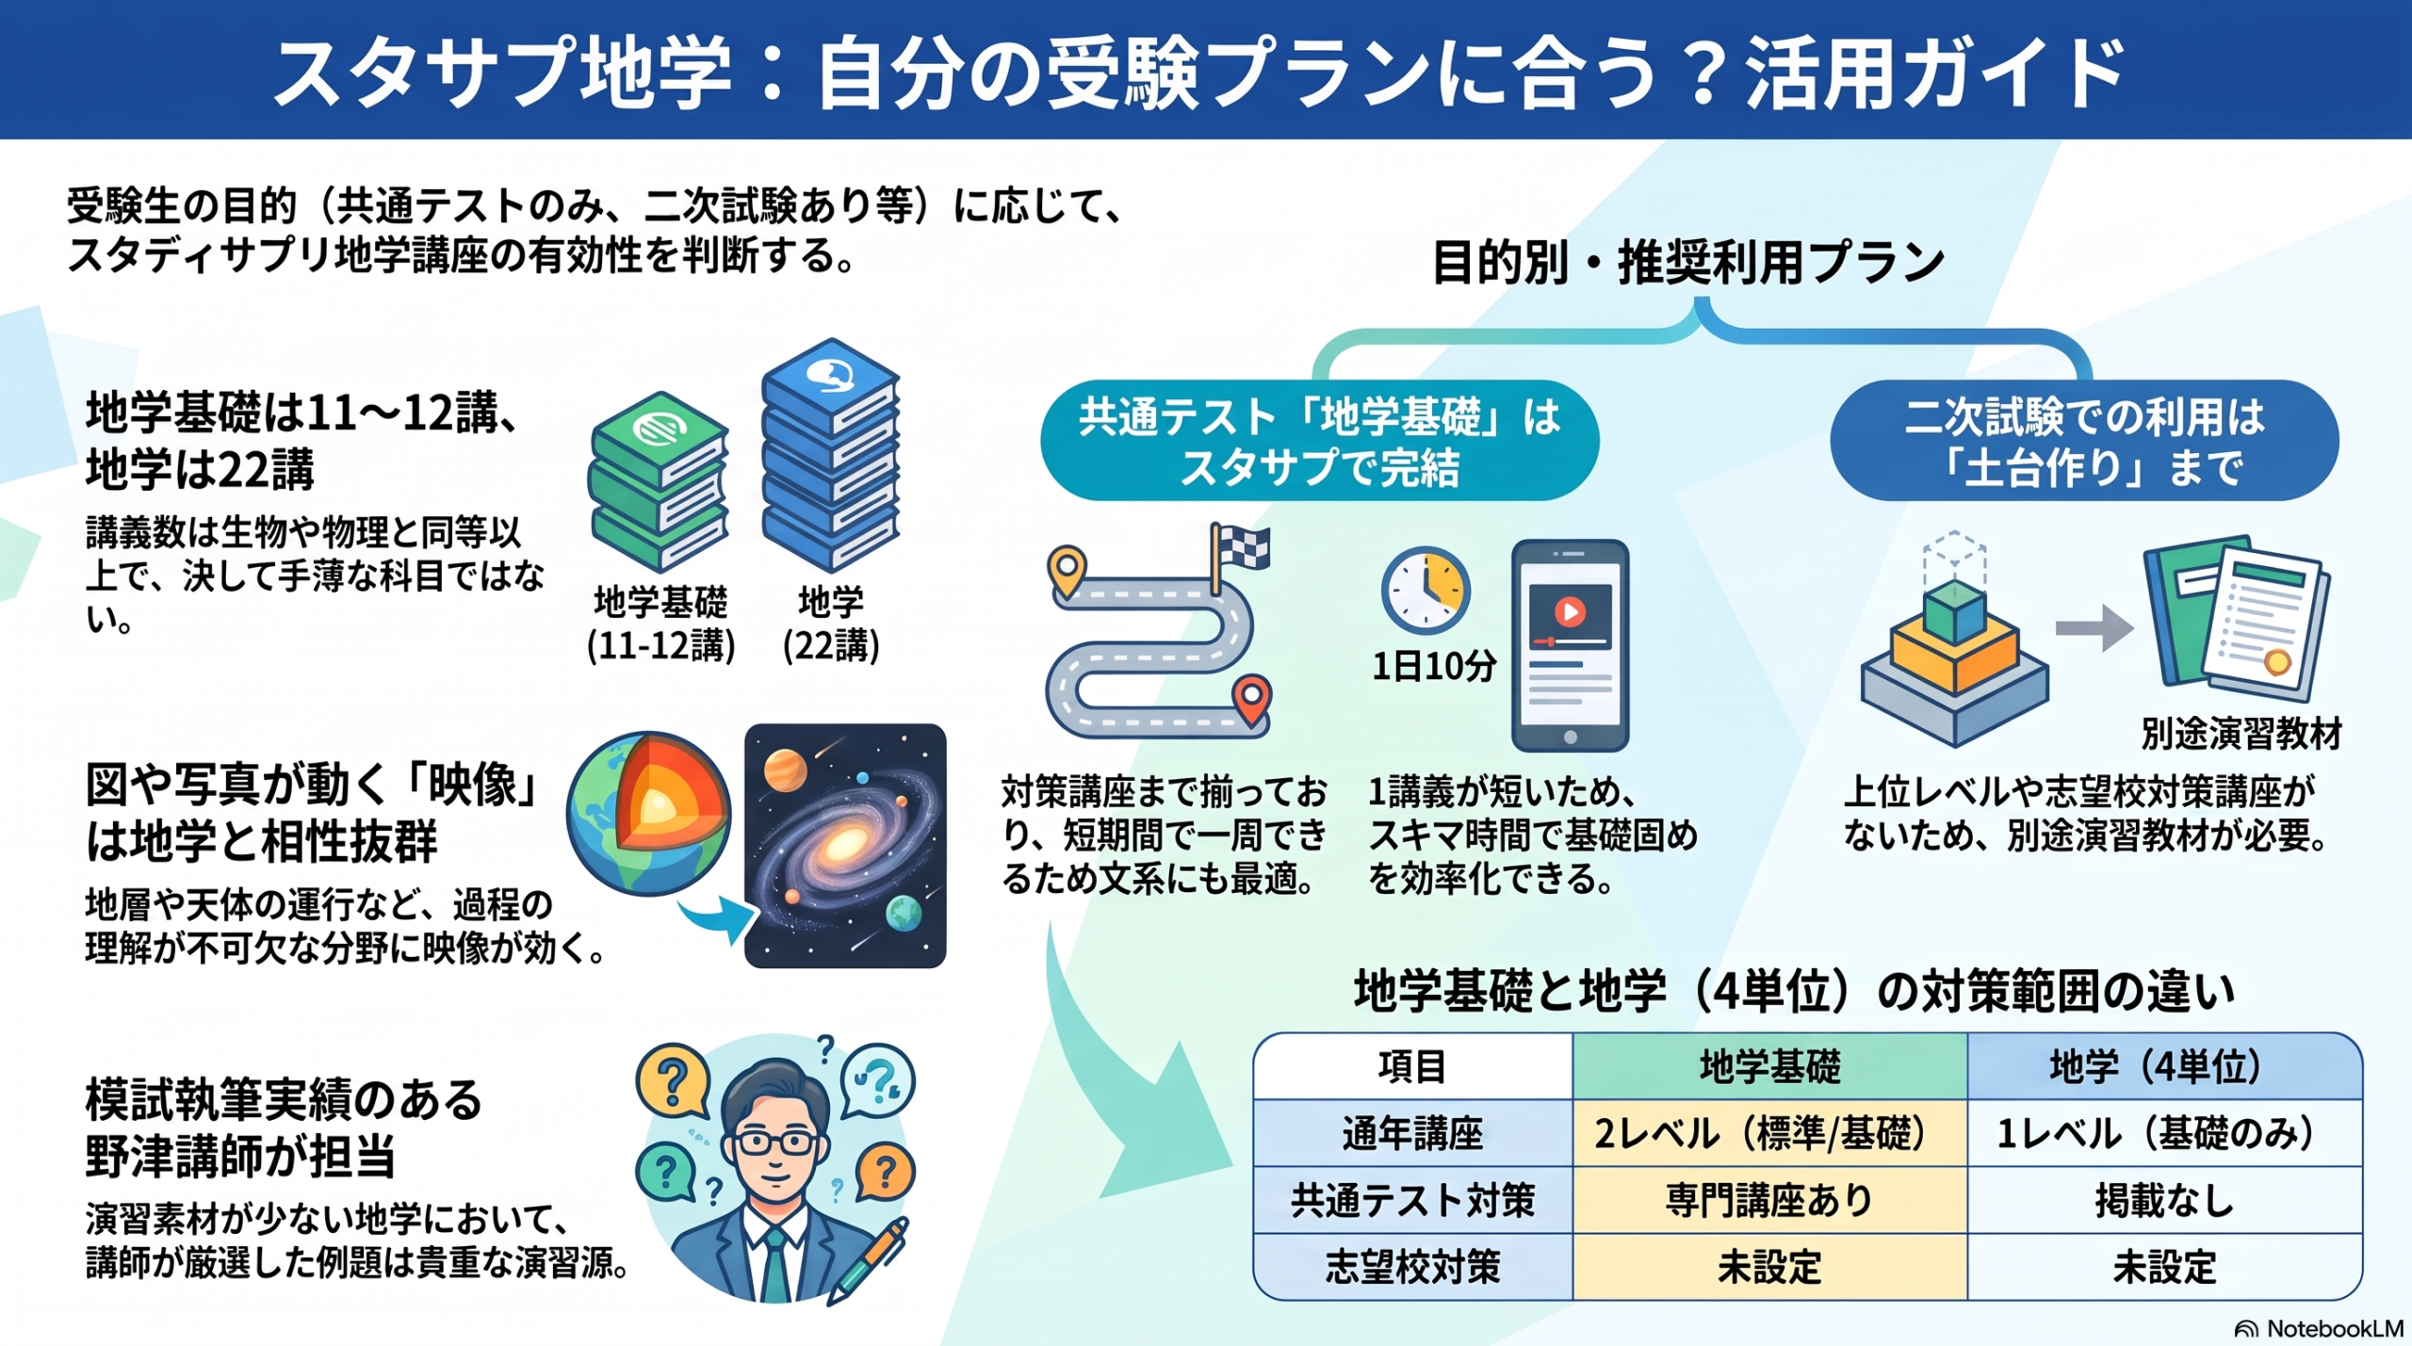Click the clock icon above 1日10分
(1425, 591)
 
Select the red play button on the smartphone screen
(1570, 612)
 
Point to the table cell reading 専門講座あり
(1769, 1200)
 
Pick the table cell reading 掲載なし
(2164, 1200)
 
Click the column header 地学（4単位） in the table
(2164, 1066)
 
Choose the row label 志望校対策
(1412, 1267)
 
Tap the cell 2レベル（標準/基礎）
(1769, 1133)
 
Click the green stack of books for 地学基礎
(658, 481)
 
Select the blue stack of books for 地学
(830, 455)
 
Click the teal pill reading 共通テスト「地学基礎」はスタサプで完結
(1319, 441)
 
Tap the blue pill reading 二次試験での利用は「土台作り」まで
(2084, 441)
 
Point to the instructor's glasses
(776, 1143)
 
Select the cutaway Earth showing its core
(649, 814)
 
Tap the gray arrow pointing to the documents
(2094, 627)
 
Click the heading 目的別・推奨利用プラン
(1687, 262)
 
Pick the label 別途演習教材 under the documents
(2241, 733)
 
